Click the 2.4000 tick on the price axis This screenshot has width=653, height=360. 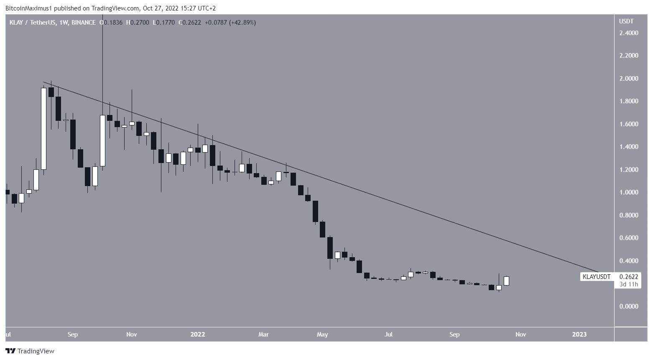point(628,33)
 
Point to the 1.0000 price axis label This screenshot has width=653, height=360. point(628,192)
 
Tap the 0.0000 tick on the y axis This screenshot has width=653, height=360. point(628,306)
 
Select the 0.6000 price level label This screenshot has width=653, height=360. point(628,238)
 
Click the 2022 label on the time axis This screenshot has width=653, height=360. point(198,334)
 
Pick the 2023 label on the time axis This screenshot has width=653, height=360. point(579,334)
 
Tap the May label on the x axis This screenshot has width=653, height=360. point(322,334)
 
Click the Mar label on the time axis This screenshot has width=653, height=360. point(263,334)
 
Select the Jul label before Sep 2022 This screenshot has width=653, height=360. point(389,334)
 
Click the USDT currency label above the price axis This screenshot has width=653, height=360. point(626,21)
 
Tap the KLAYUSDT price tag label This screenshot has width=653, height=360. point(597,277)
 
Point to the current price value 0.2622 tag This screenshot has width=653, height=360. point(629,277)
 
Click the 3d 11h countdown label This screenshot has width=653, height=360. point(629,284)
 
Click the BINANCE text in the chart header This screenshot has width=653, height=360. point(84,23)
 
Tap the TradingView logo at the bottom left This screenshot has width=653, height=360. point(30,351)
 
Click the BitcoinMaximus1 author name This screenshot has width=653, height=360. point(25,8)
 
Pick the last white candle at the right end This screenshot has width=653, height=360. point(506,281)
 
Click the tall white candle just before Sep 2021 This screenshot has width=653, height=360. point(43,128)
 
